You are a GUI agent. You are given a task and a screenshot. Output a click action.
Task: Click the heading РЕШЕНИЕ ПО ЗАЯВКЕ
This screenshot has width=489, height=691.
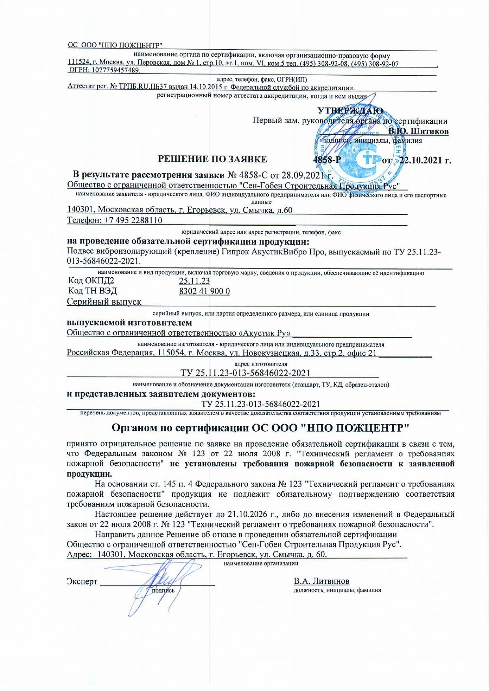(x=212, y=159)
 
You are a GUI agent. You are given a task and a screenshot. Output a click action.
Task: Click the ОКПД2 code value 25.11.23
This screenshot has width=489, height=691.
(x=194, y=281)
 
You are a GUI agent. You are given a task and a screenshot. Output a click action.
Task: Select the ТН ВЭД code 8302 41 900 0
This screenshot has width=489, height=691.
(x=205, y=291)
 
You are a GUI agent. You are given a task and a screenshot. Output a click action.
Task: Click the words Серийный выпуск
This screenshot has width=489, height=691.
(x=104, y=302)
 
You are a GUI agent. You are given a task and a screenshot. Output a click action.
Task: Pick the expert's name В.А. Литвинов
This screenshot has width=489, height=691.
(x=321, y=581)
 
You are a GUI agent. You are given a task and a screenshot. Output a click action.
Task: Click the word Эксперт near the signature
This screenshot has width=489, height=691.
(x=82, y=581)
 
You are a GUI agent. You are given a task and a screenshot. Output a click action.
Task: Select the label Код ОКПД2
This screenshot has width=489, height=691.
(x=91, y=281)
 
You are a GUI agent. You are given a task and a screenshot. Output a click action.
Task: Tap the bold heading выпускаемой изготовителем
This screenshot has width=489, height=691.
(x=129, y=323)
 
